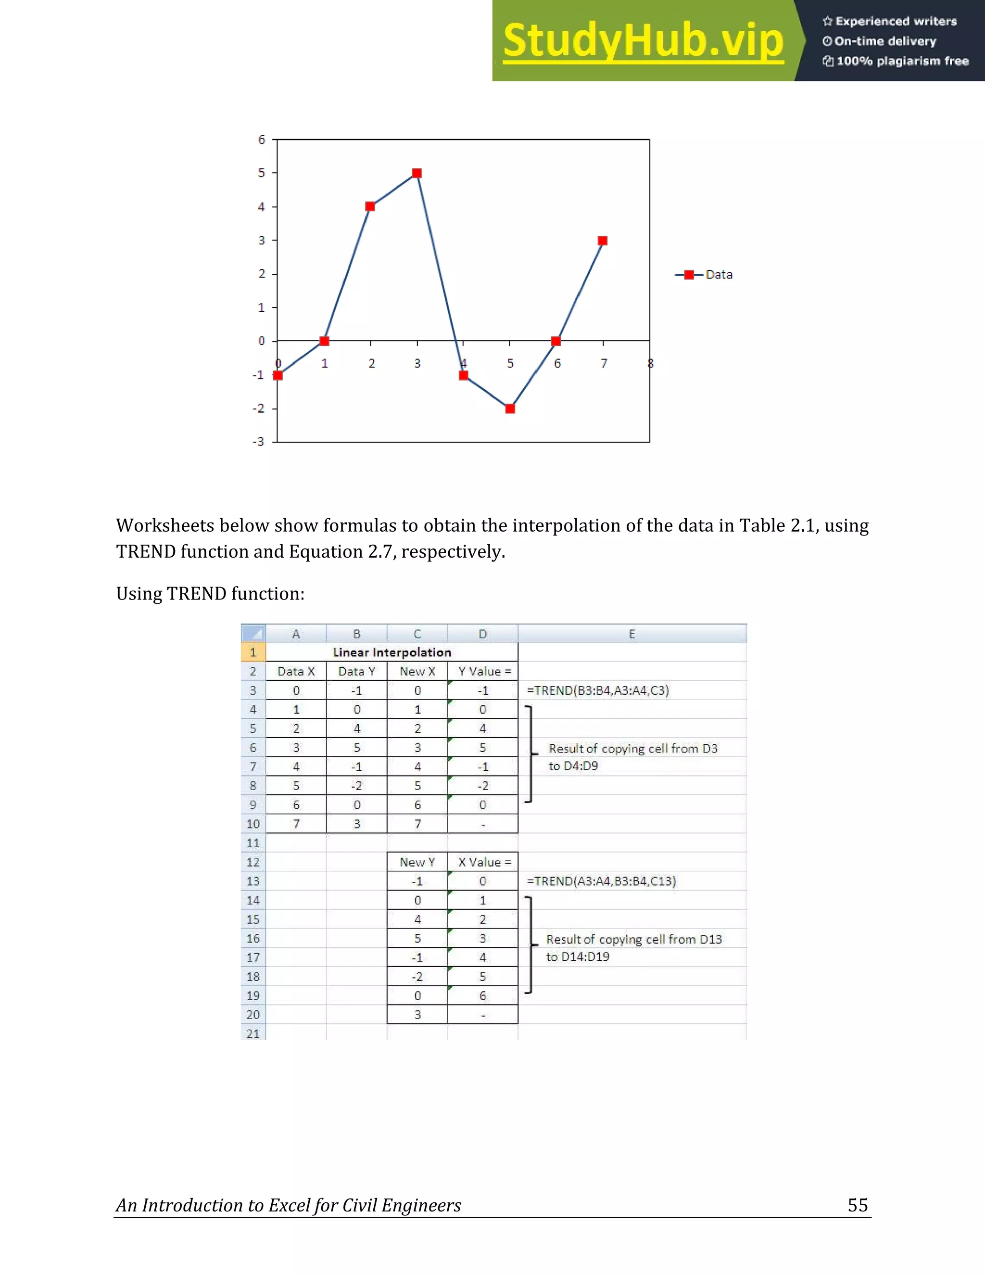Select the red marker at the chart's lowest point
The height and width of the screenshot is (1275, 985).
click(510, 408)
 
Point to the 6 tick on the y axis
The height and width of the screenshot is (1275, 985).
click(262, 140)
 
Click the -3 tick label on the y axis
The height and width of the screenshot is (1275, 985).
click(258, 442)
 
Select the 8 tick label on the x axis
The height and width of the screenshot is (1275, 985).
click(651, 364)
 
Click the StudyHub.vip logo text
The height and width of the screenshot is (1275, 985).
click(643, 41)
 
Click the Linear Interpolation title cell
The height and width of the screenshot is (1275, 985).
click(391, 652)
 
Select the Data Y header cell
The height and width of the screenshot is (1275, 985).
click(356, 671)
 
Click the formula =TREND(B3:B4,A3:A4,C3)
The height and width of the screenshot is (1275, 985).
click(597, 690)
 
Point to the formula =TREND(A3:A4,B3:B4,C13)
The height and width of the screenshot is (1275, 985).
click(601, 881)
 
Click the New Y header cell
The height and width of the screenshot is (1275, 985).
click(417, 862)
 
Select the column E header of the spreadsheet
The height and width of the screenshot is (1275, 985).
click(631, 634)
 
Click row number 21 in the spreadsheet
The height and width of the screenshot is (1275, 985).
click(253, 1033)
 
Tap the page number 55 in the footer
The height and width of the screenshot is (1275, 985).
click(857, 1205)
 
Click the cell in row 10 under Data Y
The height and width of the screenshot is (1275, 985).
click(356, 824)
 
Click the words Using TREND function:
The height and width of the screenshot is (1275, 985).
click(210, 594)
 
